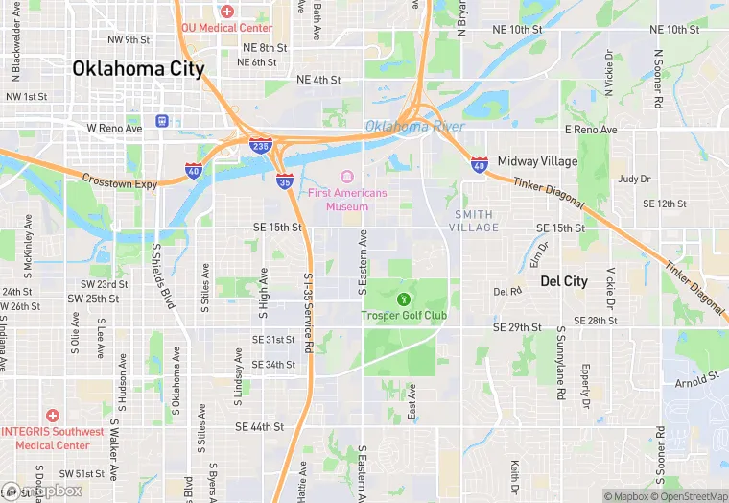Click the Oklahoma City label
coord(138,69)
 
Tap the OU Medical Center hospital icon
coord(226,12)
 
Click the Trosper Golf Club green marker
coord(403,299)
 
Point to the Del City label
coord(563,281)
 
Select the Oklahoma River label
coord(414,127)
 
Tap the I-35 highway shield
coord(284,180)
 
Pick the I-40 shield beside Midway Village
coord(479,165)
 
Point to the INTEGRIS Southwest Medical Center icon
coord(52,416)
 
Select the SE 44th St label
coord(259,426)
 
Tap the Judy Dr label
coord(634,179)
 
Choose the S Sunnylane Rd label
coord(561,363)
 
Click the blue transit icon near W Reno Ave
coord(162,121)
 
